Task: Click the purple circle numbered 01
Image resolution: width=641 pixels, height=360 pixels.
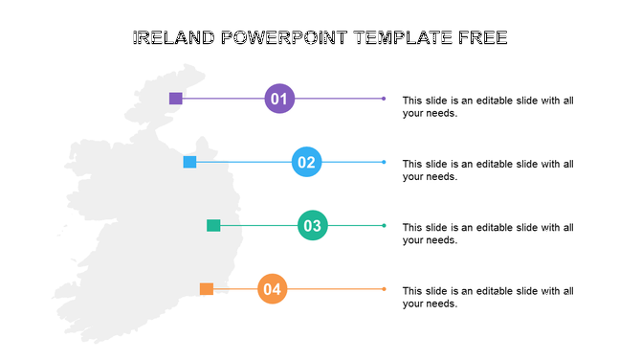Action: coord(279,99)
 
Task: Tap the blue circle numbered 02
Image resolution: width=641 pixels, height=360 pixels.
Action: coord(306,162)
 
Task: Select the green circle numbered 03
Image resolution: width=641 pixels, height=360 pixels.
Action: coord(312,226)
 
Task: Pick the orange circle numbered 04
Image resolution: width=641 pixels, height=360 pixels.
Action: coord(273,289)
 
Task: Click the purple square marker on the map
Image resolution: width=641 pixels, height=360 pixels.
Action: coord(176,99)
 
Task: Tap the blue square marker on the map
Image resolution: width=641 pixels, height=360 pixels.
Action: coord(189,162)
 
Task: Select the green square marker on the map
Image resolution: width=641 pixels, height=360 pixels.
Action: coord(213,226)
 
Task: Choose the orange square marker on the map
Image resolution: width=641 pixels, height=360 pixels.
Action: coord(206,289)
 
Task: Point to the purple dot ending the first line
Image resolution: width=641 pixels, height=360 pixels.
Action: coord(384,99)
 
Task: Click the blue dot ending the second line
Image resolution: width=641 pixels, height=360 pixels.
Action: coord(384,162)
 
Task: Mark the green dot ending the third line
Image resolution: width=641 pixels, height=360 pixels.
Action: coord(384,226)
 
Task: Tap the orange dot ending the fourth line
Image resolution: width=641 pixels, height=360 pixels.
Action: coord(384,289)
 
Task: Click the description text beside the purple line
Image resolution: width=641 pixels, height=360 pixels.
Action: coord(488,106)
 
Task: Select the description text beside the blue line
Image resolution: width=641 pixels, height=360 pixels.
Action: coord(488,169)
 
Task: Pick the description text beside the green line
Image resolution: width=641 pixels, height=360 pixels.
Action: coord(488,234)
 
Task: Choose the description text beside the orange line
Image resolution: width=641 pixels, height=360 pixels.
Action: coord(488,297)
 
